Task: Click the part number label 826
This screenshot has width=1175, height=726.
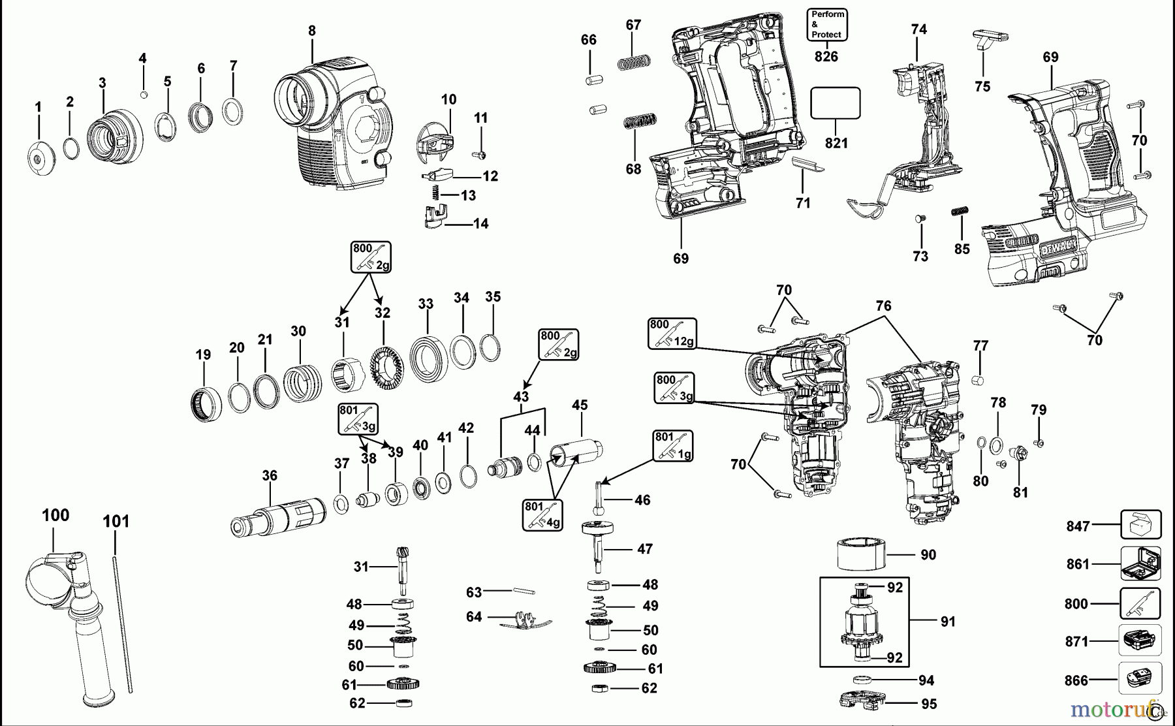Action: (x=826, y=57)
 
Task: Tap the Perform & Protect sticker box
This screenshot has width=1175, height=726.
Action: (x=827, y=25)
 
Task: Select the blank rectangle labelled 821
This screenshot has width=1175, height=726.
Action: (x=835, y=103)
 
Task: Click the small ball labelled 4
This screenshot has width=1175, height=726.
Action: (x=144, y=95)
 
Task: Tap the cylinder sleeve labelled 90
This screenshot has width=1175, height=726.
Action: (x=861, y=555)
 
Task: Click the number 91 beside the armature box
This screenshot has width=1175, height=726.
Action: (x=948, y=622)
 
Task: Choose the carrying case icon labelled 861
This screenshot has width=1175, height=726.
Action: (x=1140, y=563)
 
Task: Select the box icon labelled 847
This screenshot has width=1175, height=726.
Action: (x=1140, y=525)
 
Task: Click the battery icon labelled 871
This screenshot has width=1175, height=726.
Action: (x=1140, y=640)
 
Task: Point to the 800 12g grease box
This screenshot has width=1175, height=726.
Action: (x=672, y=333)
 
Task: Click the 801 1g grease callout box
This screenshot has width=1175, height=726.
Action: (x=672, y=446)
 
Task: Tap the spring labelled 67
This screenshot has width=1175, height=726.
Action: (x=634, y=63)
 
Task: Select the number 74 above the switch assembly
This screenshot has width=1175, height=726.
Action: (x=918, y=29)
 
